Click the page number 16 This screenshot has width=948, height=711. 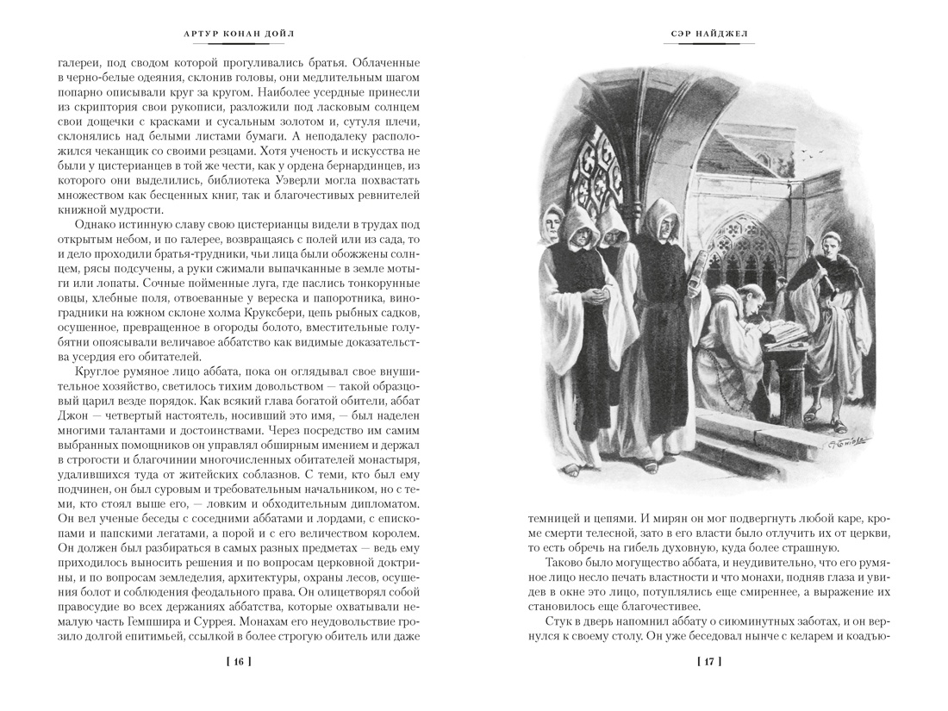coord(238,662)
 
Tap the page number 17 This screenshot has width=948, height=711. coord(708,662)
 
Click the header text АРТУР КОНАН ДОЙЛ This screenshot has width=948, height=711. coord(238,34)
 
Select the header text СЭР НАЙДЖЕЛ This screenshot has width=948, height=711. coord(708,34)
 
